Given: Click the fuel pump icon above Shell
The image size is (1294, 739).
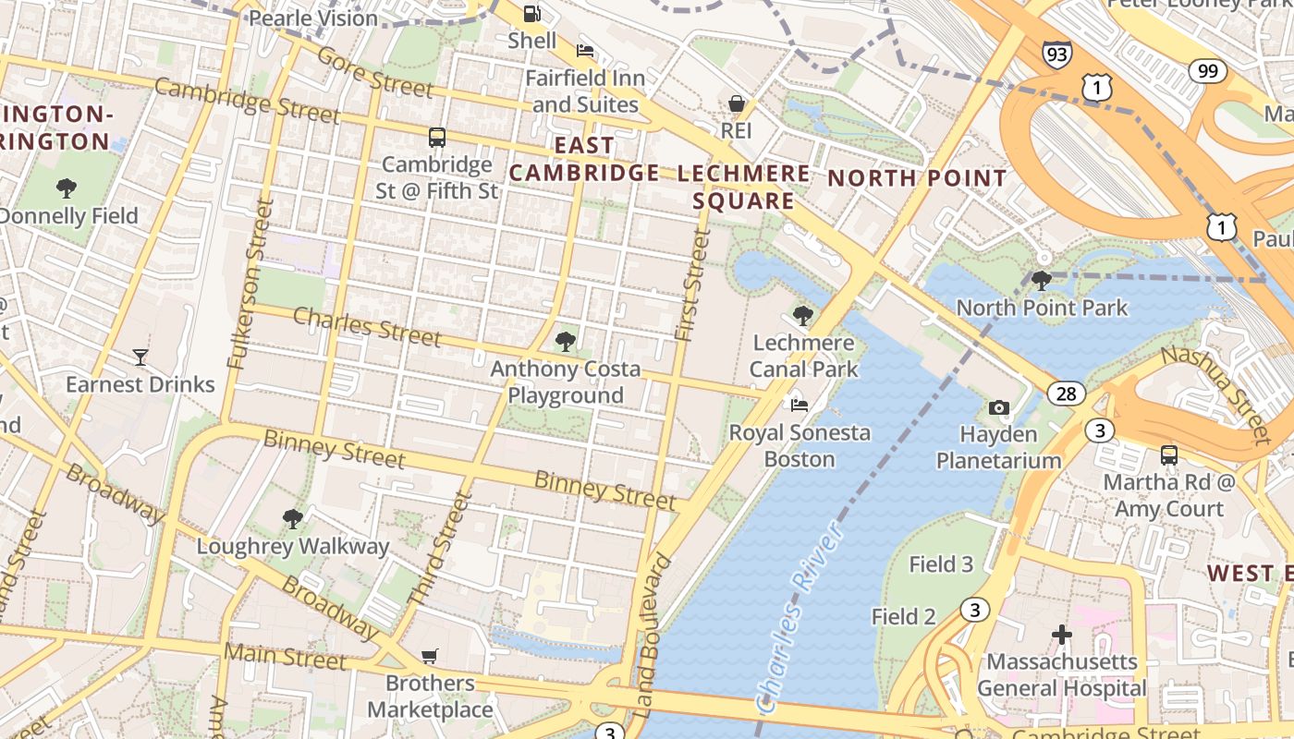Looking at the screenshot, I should pyautogui.click(x=532, y=13).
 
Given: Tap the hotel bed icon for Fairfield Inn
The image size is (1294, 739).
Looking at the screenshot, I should pyautogui.click(x=584, y=50).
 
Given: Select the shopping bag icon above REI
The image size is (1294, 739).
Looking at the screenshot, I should pyautogui.click(x=737, y=103).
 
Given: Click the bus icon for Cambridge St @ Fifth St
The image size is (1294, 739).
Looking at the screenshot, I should pyautogui.click(x=437, y=138).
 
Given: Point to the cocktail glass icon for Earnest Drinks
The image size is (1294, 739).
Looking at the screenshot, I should pyautogui.click(x=140, y=357).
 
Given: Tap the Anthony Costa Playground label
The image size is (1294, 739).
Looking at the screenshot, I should pyautogui.click(x=565, y=382).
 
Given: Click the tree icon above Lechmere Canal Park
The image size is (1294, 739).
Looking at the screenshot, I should pyautogui.click(x=803, y=316).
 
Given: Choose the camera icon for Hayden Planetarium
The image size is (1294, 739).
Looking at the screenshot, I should pyautogui.click(x=998, y=407).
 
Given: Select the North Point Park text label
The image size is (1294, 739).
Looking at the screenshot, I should pyautogui.click(x=1042, y=308).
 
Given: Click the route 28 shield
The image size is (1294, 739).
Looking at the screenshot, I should pyautogui.click(x=1067, y=394).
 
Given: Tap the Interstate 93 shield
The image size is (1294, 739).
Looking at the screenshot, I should pyautogui.click(x=1057, y=54).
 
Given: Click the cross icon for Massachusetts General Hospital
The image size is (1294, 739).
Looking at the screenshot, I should pyautogui.click(x=1062, y=635).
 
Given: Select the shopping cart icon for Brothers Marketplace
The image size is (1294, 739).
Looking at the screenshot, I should pyautogui.click(x=429, y=656).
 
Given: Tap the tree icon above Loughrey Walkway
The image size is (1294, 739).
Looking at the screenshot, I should pyautogui.click(x=293, y=519).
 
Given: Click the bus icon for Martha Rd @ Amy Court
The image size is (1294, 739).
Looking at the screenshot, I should pyautogui.click(x=1169, y=455).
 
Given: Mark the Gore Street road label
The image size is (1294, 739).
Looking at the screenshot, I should pyautogui.click(x=374, y=72).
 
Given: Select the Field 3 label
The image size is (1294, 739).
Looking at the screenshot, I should pyautogui.click(x=941, y=564).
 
